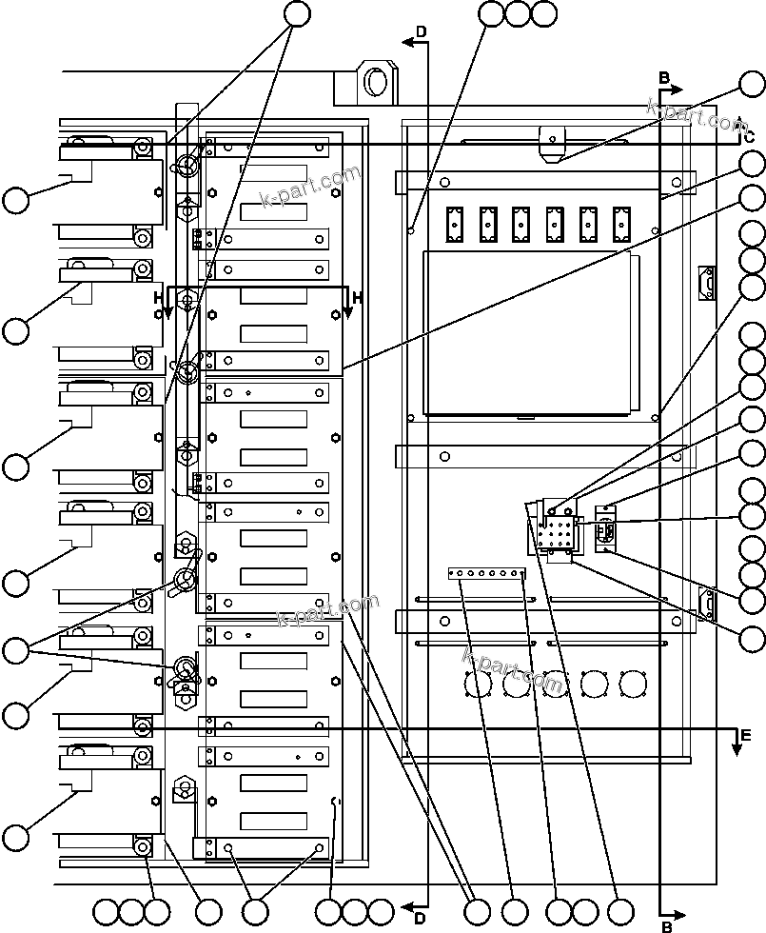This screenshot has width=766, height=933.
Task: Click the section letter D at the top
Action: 422,32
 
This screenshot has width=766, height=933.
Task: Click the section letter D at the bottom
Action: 420,918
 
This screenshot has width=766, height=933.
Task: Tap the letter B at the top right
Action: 664,76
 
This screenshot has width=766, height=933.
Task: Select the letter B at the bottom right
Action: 667,925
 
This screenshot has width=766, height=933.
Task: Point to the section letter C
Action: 749,136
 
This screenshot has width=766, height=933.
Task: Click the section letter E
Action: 745,735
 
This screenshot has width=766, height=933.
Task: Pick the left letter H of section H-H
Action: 159,298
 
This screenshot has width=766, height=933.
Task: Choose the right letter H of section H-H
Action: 357,298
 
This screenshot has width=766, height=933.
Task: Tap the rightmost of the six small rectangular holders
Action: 621,225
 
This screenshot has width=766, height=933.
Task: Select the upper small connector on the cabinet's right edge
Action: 705,283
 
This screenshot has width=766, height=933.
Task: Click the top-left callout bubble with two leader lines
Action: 297,12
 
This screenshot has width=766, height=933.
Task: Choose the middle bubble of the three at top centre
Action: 517,13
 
